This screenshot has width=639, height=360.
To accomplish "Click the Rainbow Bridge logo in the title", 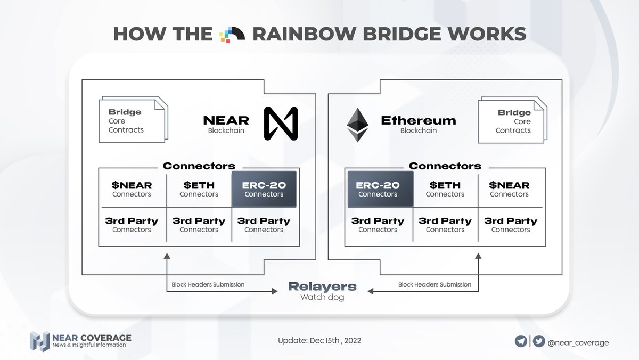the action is click(x=232, y=35).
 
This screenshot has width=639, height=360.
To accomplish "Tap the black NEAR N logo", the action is click(x=281, y=124).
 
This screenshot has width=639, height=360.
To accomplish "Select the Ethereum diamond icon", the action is click(x=357, y=125).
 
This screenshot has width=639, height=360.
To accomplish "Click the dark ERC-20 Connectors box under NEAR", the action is click(x=264, y=189).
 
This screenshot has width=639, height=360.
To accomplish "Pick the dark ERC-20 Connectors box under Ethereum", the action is click(x=380, y=189).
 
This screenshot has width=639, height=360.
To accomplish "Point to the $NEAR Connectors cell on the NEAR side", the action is click(x=132, y=189).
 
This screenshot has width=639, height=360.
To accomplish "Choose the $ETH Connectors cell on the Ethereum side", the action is click(x=445, y=189).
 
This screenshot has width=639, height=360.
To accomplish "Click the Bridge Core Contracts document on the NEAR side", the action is click(x=134, y=119).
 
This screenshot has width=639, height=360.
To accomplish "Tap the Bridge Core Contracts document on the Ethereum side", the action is click(x=513, y=120).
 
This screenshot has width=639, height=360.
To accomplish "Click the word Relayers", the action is click(x=322, y=287).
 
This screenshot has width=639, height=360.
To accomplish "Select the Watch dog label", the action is click(x=322, y=297).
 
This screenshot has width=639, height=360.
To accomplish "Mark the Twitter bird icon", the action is click(x=539, y=341).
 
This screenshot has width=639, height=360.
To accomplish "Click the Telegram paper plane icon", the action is click(x=521, y=341).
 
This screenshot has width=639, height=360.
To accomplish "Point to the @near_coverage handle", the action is click(x=578, y=342).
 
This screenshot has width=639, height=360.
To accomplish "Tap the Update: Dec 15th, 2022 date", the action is click(x=319, y=341).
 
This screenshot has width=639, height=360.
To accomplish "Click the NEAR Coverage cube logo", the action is click(x=40, y=341).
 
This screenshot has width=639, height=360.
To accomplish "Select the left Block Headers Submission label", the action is click(x=208, y=284).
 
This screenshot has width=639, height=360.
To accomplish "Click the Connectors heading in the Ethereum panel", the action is click(x=445, y=166).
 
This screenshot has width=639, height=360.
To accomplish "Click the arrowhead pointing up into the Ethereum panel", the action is click(x=478, y=256).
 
